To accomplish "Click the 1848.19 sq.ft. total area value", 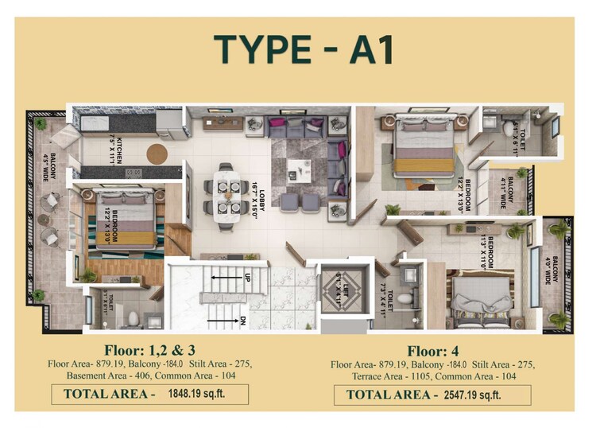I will click(x=200, y=393).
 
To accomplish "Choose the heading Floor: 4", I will click(x=434, y=351).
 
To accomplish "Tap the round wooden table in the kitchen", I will click(x=157, y=153).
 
